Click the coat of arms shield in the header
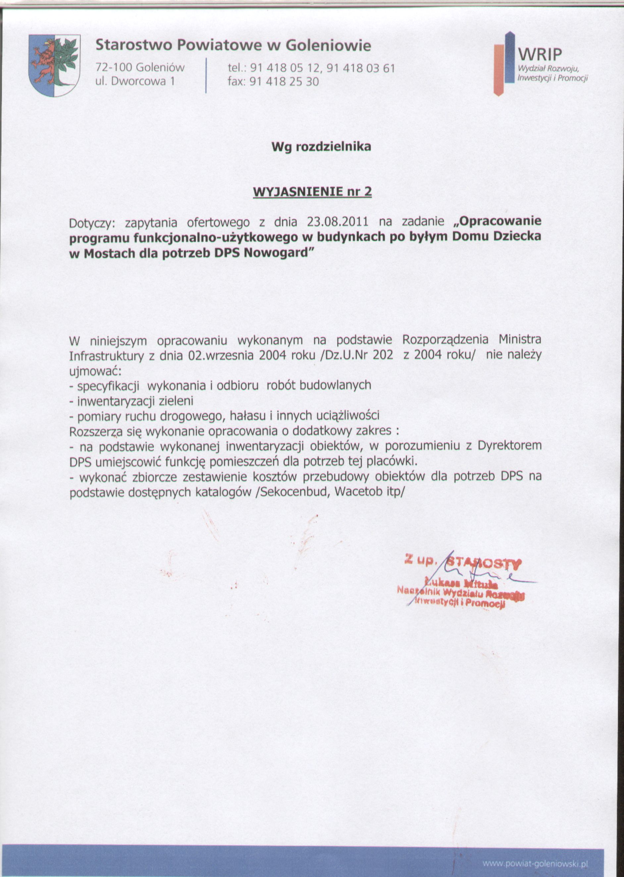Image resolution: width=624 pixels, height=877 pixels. pyautogui.click(x=55, y=65)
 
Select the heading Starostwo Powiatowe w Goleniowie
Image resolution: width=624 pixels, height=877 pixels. pyautogui.click(x=233, y=46)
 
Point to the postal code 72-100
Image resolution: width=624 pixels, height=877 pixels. pyautogui.click(x=114, y=68)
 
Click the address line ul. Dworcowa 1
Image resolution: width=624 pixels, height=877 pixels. pyautogui.click(x=135, y=82)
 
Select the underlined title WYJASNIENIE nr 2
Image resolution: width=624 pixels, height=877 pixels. pyautogui.click(x=312, y=192)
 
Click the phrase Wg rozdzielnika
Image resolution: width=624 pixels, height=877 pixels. pyautogui.click(x=321, y=147)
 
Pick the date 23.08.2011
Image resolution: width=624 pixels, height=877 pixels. pyautogui.click(x=338, y=222)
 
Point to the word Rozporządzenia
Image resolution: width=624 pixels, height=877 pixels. pyautogui.click(x=445, y=340)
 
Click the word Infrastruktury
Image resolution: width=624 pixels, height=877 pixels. pyautogui.click(x=106, y=356)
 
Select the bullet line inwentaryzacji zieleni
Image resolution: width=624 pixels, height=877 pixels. pyautogui.click(x=131, y=401)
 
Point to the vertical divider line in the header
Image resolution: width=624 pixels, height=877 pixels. pyautogui.click(x=206, y=75)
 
